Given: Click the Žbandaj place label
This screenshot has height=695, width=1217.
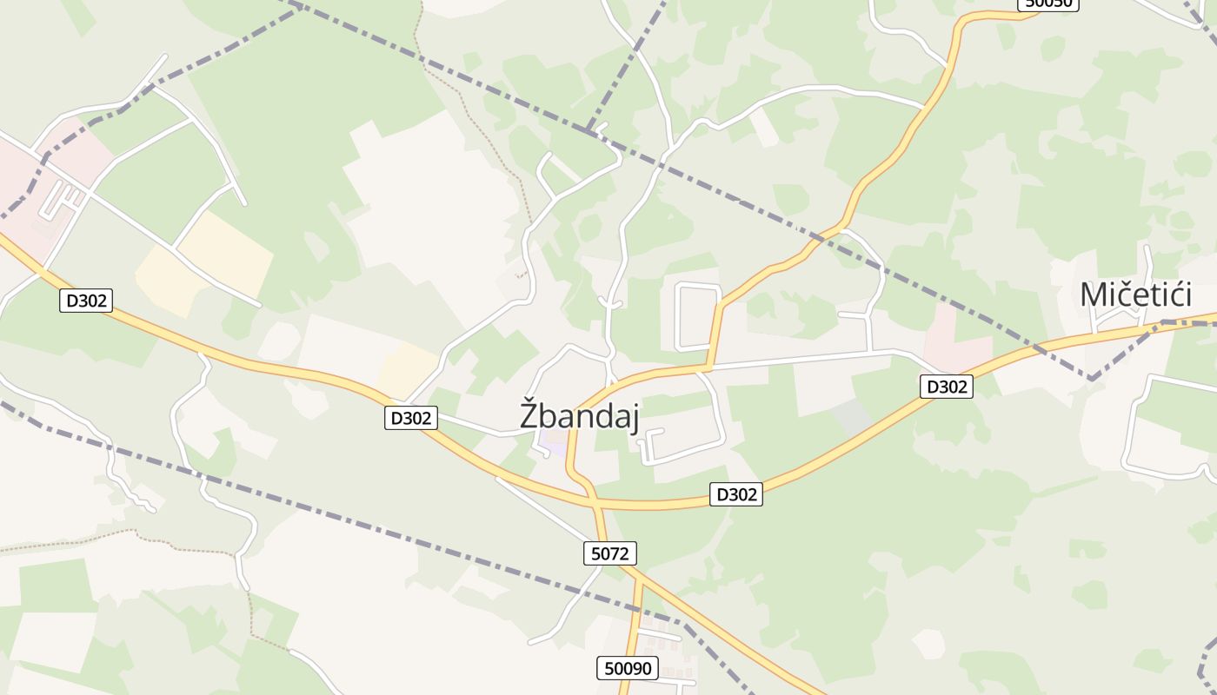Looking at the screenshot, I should pyautogui.click(x=579, y=415).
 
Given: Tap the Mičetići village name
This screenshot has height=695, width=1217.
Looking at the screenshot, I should pyautogui.click(x=1134, y=295).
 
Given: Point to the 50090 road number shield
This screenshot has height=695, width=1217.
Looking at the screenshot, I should pyautogui.click(x=628, y=668).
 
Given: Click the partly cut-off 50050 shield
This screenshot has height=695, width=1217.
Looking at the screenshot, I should pyautogui.click(x=1048, y=3).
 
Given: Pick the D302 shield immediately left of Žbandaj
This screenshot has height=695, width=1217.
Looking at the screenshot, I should pyautogui.click(x=410, y=418).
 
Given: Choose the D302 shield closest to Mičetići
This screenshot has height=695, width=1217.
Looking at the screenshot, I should pyautogui.click(x=947, y=387).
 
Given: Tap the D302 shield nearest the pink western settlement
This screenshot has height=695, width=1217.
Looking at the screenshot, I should pyautogui.click(x=86, y=301).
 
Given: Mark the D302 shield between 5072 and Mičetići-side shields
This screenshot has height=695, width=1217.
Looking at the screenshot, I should pyautogui.click(x=735, y=494).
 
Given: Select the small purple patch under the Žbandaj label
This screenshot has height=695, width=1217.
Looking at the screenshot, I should pyautogui.click(x=551, y=444).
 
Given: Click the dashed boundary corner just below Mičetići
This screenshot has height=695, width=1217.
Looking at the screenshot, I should pyautogui.click(x=1091, y=379).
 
